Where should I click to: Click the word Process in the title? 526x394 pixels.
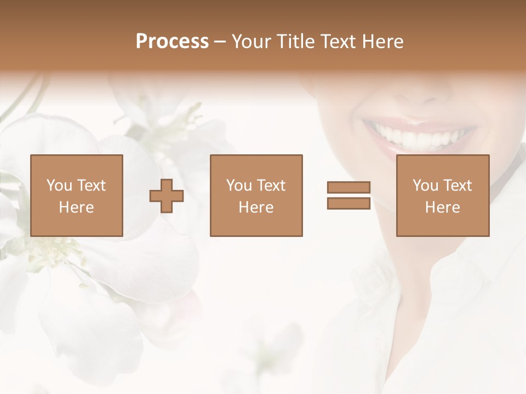172,42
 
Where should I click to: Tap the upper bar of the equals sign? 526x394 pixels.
348,188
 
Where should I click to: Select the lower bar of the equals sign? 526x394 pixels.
348,203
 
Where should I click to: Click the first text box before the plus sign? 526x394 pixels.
76,195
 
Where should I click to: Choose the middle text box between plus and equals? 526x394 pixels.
256,195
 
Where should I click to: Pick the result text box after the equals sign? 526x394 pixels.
442,195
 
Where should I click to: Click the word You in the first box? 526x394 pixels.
59,186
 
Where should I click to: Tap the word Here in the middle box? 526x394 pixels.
256,207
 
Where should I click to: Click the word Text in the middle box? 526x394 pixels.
271,186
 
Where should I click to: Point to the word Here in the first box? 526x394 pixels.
76,207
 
